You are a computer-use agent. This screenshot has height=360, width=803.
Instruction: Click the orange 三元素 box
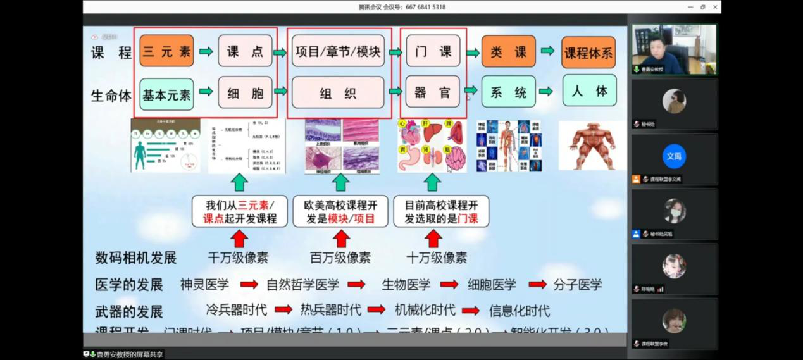166,51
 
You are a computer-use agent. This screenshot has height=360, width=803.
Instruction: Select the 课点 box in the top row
245,51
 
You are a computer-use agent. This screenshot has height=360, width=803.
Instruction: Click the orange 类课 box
508,51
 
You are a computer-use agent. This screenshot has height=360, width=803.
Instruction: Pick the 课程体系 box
588,53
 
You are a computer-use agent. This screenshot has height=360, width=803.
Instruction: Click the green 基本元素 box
166,94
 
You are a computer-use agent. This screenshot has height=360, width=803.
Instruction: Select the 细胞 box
245,93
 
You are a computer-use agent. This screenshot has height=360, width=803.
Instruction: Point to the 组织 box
338,93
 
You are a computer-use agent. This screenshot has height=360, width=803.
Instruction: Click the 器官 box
433,92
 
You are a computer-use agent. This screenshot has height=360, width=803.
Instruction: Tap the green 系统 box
508,92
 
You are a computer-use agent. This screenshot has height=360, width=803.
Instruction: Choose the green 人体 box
589,91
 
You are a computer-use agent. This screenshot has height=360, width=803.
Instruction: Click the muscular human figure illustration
592,146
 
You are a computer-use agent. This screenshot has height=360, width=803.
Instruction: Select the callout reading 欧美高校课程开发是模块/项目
340,211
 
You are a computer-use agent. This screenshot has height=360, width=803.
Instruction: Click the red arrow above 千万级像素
239,239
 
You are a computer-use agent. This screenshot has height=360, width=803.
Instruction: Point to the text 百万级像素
340,258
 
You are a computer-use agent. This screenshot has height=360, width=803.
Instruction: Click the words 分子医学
578,285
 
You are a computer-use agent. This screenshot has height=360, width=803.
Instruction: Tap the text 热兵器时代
330,310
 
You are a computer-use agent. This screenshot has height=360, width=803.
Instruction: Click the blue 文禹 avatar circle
674,156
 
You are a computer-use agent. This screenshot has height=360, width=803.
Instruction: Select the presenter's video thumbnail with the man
674,49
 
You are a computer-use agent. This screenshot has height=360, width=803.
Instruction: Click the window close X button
715,7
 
